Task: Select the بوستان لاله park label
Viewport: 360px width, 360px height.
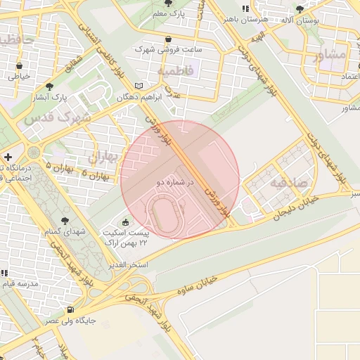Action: click(x=300, y=20)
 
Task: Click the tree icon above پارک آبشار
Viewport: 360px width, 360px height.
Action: click(x=49, y=86)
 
